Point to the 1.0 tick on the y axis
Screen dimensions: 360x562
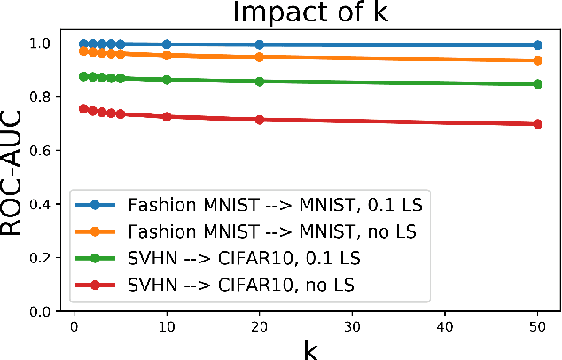[46, 43]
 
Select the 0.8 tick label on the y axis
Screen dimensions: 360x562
[46, 97]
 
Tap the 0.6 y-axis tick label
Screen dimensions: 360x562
[46, 150]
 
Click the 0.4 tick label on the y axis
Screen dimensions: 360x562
[46, 204]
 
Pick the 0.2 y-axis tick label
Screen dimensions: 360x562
[46, 258]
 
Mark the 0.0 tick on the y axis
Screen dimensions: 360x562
[46, 311]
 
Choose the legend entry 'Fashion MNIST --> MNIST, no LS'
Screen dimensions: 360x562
[248, 231]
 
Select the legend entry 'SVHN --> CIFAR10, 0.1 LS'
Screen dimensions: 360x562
[230, 258]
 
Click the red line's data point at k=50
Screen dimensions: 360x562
[539, 124]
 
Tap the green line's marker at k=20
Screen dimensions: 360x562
[259, 82]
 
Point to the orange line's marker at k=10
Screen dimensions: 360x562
[166, 55]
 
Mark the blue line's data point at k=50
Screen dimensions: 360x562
[539, 44]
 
